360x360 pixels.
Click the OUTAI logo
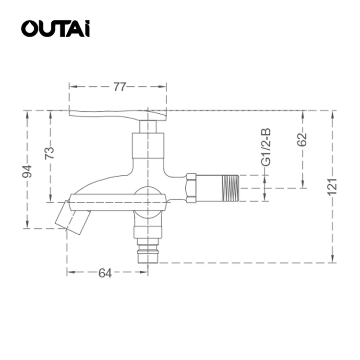coord(55,29)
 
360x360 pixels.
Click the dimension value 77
coord(119,87)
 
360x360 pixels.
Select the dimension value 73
coord(49,153)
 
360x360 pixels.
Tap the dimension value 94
coord(27,171)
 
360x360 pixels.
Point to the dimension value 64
coord(105,273)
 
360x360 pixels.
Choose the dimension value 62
coord(302,139)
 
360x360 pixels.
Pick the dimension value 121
coord(333,186)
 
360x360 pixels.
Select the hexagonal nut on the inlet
coord(191,188)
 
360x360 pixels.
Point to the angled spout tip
coord(72,218)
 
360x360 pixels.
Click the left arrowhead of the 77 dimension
coord(71,87)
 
